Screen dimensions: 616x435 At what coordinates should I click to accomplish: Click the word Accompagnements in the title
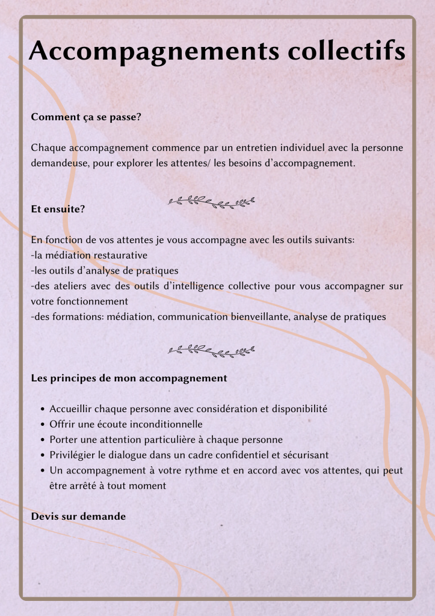(x=153, y=52)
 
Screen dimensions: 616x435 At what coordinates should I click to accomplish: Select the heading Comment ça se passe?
(x=86, y=117)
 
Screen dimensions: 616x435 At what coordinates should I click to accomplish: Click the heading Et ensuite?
(x=58, y=209)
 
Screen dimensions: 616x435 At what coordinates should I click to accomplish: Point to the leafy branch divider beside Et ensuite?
(x=211, y=202)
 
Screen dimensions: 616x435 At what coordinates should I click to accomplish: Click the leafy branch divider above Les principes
(x=211, y=350)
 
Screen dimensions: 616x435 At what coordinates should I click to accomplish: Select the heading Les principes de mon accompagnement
(x=129, y=378)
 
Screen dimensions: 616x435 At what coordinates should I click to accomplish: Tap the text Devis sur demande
(x=78, y=516)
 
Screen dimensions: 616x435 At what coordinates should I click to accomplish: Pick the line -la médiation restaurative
(x=89, y=255)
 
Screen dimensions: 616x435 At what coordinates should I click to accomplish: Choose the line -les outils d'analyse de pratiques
(x=104, y=270)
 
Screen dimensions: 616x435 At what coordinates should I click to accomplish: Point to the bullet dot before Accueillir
(x=43, y=410)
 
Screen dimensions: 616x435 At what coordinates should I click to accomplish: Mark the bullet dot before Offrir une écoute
(x=43, y=425)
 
